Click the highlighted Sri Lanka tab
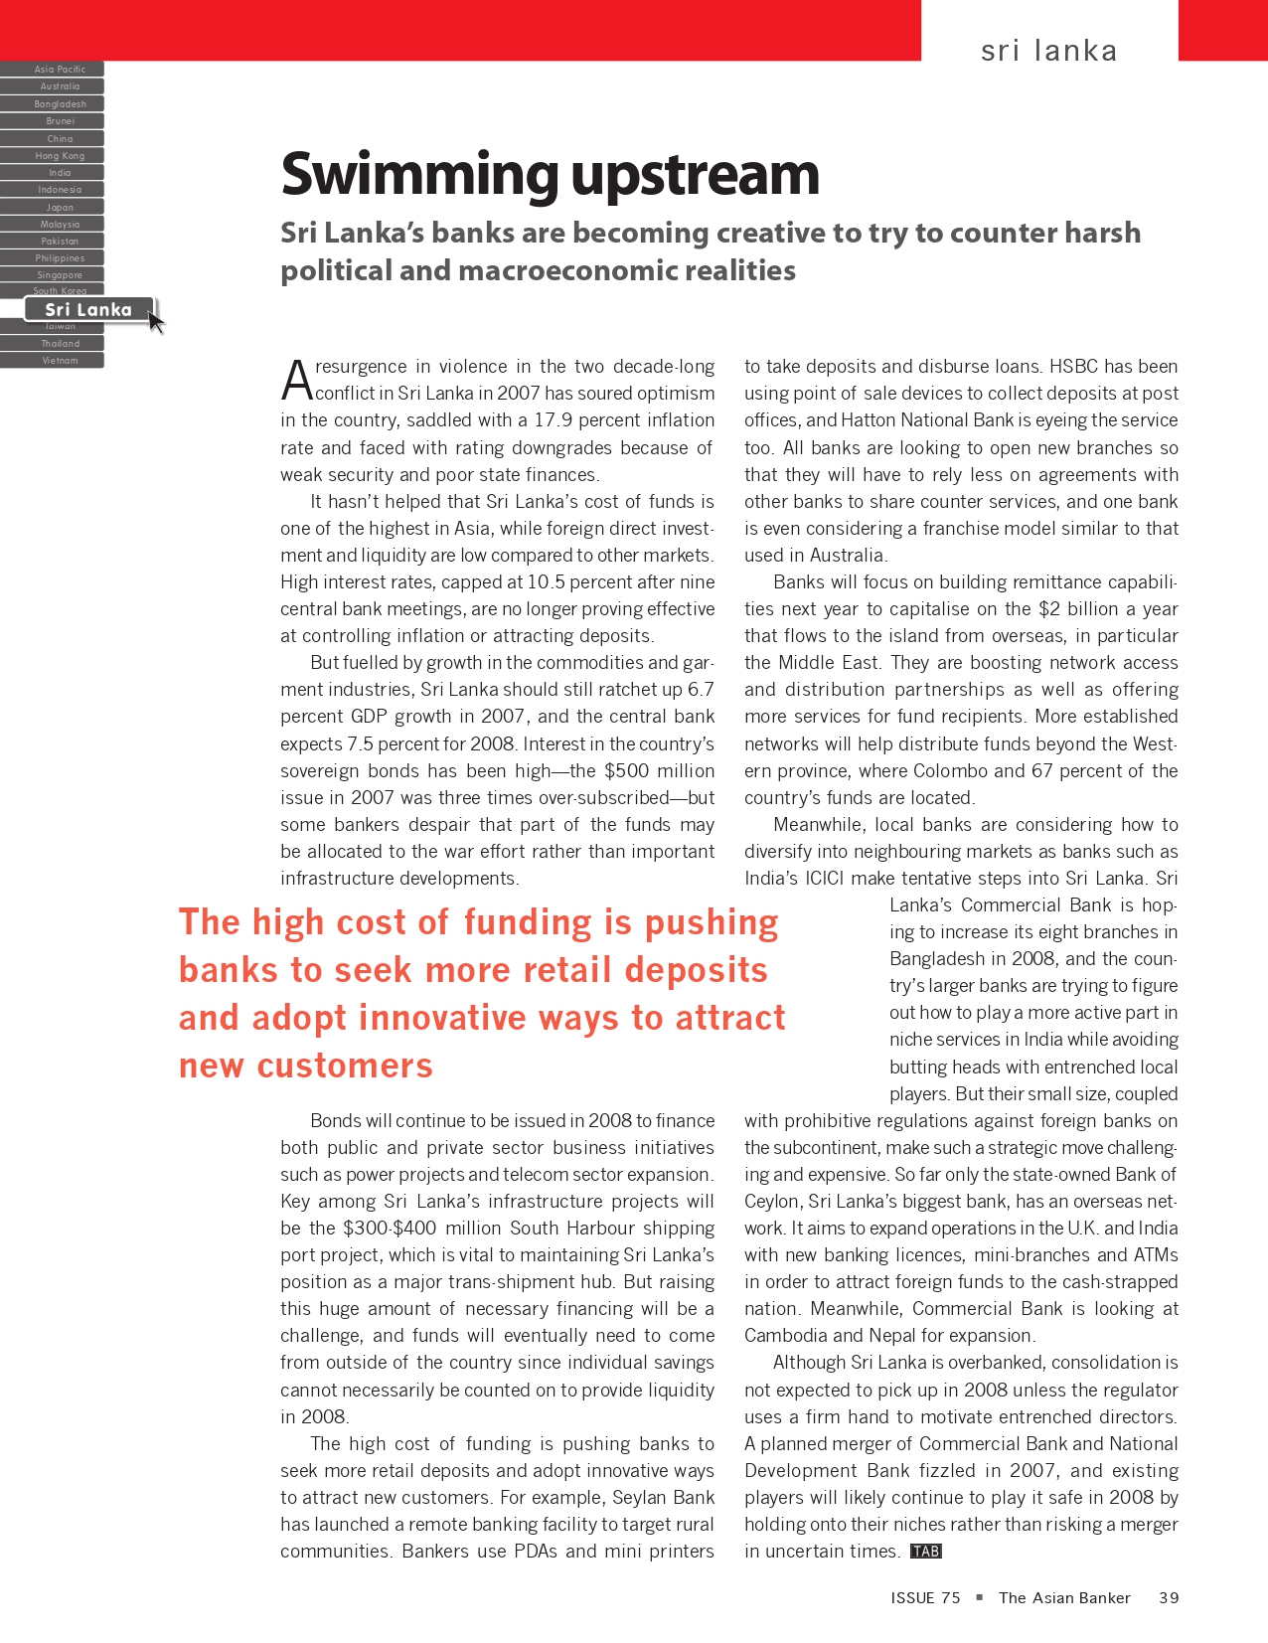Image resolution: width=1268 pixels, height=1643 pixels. click(88, 310)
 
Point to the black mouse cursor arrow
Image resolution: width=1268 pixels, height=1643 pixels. click(156, 321)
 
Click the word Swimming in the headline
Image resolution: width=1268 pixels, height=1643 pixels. click(420, 175)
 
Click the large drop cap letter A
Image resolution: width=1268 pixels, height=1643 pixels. click(297, 380)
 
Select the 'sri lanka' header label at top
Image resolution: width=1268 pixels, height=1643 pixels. click(1048, 51)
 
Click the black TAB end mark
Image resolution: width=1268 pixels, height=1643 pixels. click(926, 1552)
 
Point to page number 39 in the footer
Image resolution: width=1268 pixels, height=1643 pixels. click(1169, 1598)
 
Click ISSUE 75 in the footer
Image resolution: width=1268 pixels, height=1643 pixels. click(925, 1598)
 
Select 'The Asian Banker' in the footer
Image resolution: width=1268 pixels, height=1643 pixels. click(1064, 1598)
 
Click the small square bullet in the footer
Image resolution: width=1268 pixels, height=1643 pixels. click(980, 1597)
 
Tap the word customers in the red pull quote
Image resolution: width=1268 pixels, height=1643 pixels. click(345, 1067)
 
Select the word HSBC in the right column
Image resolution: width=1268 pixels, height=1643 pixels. click(1073, 367)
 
